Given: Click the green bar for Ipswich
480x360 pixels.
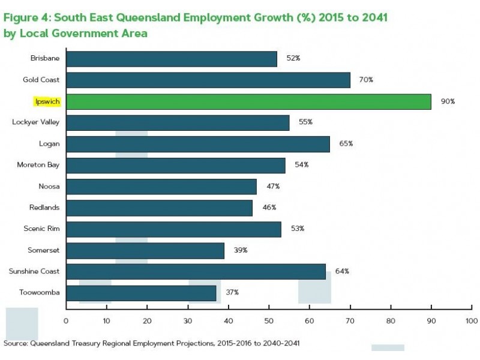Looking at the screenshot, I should (248, 101).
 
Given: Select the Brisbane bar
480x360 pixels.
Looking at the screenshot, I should (172, 59).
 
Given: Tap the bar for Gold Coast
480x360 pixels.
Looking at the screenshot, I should (208, 80).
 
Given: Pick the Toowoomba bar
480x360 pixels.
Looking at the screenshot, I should (141, 293).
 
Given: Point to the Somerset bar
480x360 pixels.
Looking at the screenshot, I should (145, 250).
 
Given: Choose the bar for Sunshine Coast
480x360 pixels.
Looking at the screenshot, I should (196, 271).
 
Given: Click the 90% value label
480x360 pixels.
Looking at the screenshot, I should (448, 101).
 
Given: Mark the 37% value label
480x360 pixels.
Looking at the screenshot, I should (232, 293).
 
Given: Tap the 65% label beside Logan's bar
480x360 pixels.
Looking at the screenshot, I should (346, 144).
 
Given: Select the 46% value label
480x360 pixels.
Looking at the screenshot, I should (269, 208).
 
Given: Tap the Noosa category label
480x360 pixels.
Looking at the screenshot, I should (49, 187).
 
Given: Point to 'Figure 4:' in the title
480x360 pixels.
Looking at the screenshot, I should (26, 17).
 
